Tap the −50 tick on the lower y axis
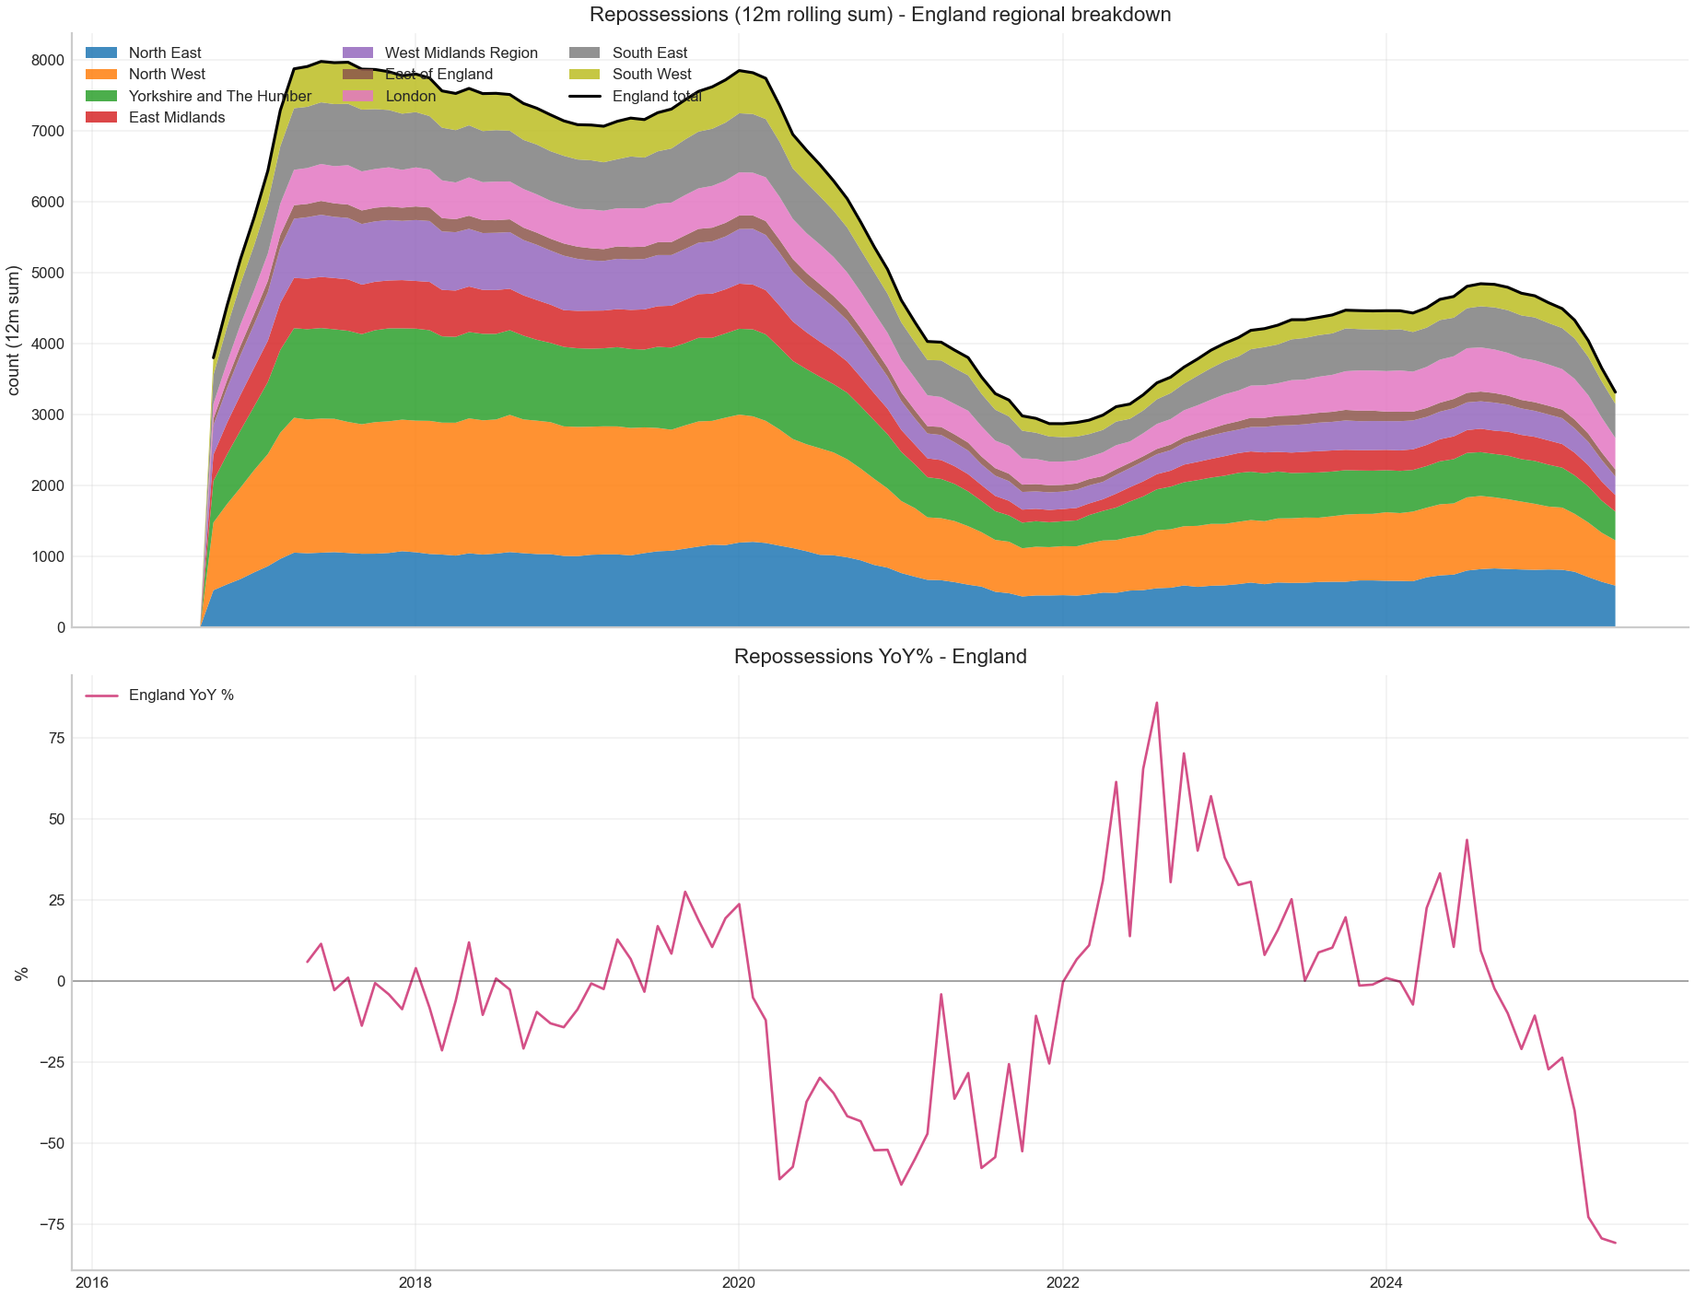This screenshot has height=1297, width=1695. point(49,1143)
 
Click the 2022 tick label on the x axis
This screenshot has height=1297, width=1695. point(1062,1282)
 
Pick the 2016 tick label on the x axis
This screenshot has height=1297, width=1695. point(92,1282)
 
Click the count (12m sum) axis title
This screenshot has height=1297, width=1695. point(15,331)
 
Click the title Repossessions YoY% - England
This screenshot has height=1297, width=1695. point(880,657)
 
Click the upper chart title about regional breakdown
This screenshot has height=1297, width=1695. point(880,15)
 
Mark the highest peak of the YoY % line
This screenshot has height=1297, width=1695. point(1157,703)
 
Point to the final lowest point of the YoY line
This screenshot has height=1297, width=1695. point(1615,1243)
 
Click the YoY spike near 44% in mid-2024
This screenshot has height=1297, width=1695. point(1467,839)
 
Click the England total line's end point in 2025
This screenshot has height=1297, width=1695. point(1615,392)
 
